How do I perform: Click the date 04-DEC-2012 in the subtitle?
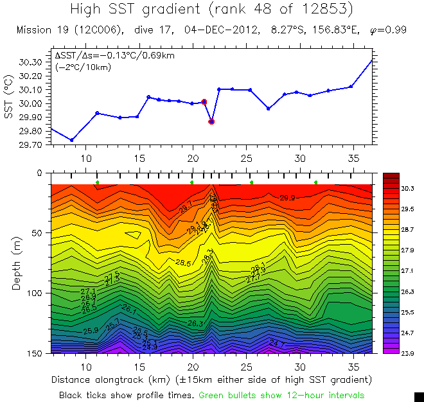click(x=215, y=30)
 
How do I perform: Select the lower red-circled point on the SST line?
click(x=211, y=121)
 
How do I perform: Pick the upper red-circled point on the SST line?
click(x=204, y=102)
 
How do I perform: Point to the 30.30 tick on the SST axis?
click(x=32, y=62)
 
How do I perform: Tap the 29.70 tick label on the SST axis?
click(x=32, y=145)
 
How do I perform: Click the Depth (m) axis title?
click(x=16, y=263)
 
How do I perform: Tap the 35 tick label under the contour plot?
click(x=353, y=366)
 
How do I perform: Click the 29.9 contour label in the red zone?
click(x=288, y=198)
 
